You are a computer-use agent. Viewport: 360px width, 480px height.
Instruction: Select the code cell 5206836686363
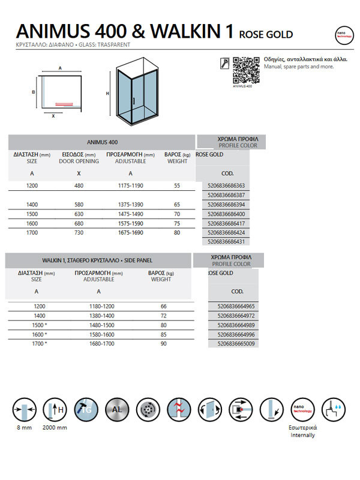225,187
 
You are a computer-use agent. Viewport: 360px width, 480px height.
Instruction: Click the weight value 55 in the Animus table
177,186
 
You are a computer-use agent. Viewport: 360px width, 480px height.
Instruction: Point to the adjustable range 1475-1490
130,214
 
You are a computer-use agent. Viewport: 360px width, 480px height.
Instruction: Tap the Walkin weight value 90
164,344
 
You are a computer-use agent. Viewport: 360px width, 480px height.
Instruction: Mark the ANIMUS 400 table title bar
102,142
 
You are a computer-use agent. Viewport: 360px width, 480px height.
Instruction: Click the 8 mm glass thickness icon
22,411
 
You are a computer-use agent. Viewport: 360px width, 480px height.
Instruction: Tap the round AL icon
116,411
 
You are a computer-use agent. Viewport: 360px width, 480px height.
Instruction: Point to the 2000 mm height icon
55,411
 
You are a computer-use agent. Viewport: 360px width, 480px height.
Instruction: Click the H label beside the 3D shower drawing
107,94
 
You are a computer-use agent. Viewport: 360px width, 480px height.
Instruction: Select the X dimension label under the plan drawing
53,116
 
